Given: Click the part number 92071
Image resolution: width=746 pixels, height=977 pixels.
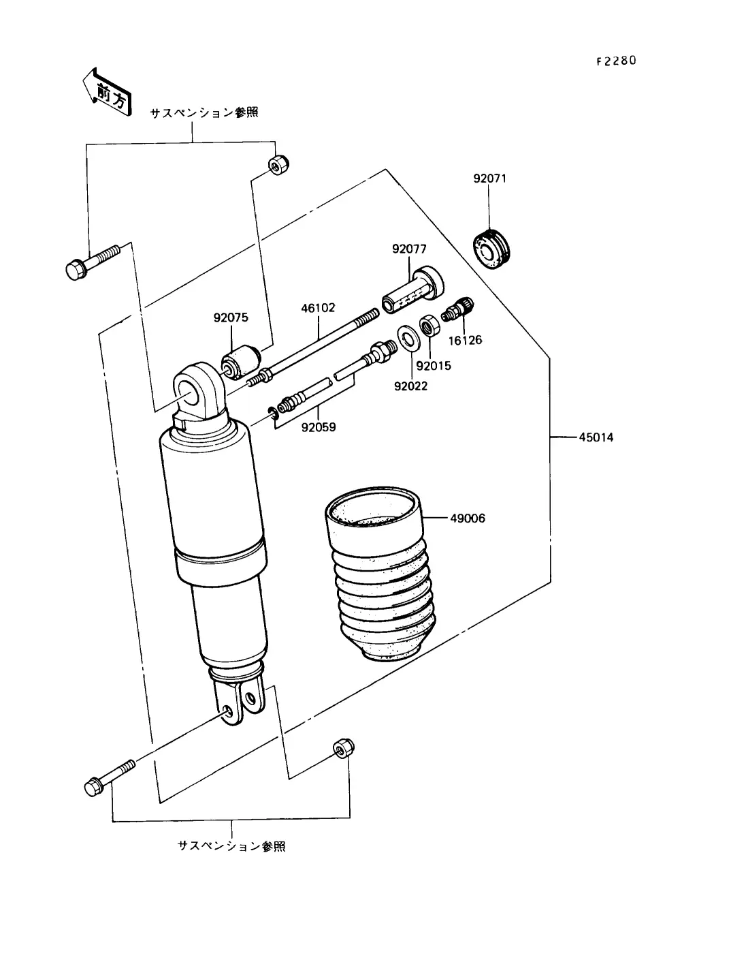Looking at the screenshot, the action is (489, 179).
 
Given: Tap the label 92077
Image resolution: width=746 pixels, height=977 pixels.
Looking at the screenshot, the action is (409, 249).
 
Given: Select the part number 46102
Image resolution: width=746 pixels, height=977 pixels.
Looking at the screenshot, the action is (318, 308).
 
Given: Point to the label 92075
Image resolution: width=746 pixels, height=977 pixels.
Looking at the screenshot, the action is (231, 317).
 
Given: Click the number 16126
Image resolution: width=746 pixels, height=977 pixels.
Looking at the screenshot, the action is (465, 341).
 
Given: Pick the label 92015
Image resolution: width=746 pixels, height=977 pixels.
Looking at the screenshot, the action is (434, 366).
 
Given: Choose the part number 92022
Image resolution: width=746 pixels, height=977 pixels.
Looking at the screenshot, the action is (411, 386).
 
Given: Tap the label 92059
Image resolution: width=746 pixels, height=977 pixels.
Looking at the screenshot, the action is (319, 427).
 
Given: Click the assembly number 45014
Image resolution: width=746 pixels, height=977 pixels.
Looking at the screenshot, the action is (596, 437).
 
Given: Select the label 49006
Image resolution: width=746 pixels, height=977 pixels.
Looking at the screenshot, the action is (468, 518).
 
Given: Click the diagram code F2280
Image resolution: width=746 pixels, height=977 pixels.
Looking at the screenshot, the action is (616, 61).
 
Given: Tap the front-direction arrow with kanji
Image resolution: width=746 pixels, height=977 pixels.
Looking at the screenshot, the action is (108, 93).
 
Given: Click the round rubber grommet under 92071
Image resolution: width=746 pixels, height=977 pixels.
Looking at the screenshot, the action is (491, 250).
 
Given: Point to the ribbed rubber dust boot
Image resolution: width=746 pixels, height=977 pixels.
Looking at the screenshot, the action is (380, 574).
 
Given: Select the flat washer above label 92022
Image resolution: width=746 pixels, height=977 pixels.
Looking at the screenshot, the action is (406, 339).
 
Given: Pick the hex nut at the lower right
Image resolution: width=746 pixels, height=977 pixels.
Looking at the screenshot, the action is (343, 749).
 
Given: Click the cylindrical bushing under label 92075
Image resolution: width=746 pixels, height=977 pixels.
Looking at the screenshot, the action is (240, 362).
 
